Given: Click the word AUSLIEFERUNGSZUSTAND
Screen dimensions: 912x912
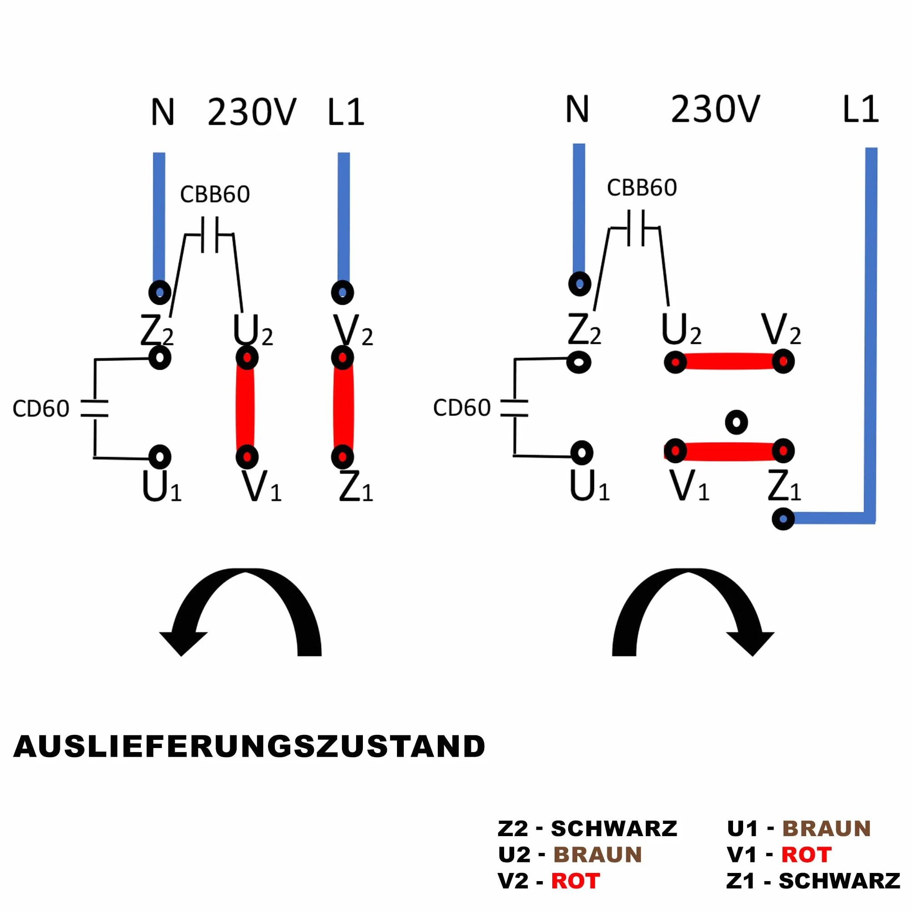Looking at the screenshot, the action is pyautogui.click(x=249, y=747).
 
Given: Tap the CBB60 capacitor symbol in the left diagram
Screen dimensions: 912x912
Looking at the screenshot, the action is pyautogui.click(x=209, y=235).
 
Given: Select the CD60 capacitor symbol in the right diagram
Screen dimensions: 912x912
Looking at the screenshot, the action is pyautogui.click(x=514, y=408).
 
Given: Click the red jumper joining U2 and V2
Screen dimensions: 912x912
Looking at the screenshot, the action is pyautogui.click(x=729, y=362).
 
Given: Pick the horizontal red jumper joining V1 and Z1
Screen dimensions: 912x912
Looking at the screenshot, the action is pyautogui.click(x=729, y=451).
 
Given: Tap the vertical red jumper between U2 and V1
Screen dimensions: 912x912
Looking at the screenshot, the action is pyautogui.click(x=245, y=407).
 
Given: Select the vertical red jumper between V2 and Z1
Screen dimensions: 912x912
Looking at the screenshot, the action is pyautogui.click(x=343, y=407).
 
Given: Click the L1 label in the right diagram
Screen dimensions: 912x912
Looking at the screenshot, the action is pyautogui.click(x=861, y=109).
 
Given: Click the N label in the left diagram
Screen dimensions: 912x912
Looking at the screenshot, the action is pyautogui.click(x=163, y=112).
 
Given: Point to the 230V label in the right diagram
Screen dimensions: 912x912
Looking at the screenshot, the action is pyautogui.click(x=715, y=109).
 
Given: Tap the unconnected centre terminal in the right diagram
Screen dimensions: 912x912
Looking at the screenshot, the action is pyautogui.click(x=736, y=422).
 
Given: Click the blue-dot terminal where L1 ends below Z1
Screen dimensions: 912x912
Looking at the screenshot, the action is pyautogui.click(x=783, y=519).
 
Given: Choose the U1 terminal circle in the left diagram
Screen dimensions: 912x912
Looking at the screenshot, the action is pyautogui.click(x=160, y=456).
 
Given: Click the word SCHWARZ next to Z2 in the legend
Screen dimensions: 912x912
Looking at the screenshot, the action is pyautogui.click(x=614, y=828).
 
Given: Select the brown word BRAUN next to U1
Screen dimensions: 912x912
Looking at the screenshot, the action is pyautogui.click(x=826, y=828).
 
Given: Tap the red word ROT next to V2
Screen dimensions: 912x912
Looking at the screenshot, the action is pyautogui.click(x=575, y=881).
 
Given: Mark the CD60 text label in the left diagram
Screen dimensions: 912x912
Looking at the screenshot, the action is pyautogui.click(x=41, y=409).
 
